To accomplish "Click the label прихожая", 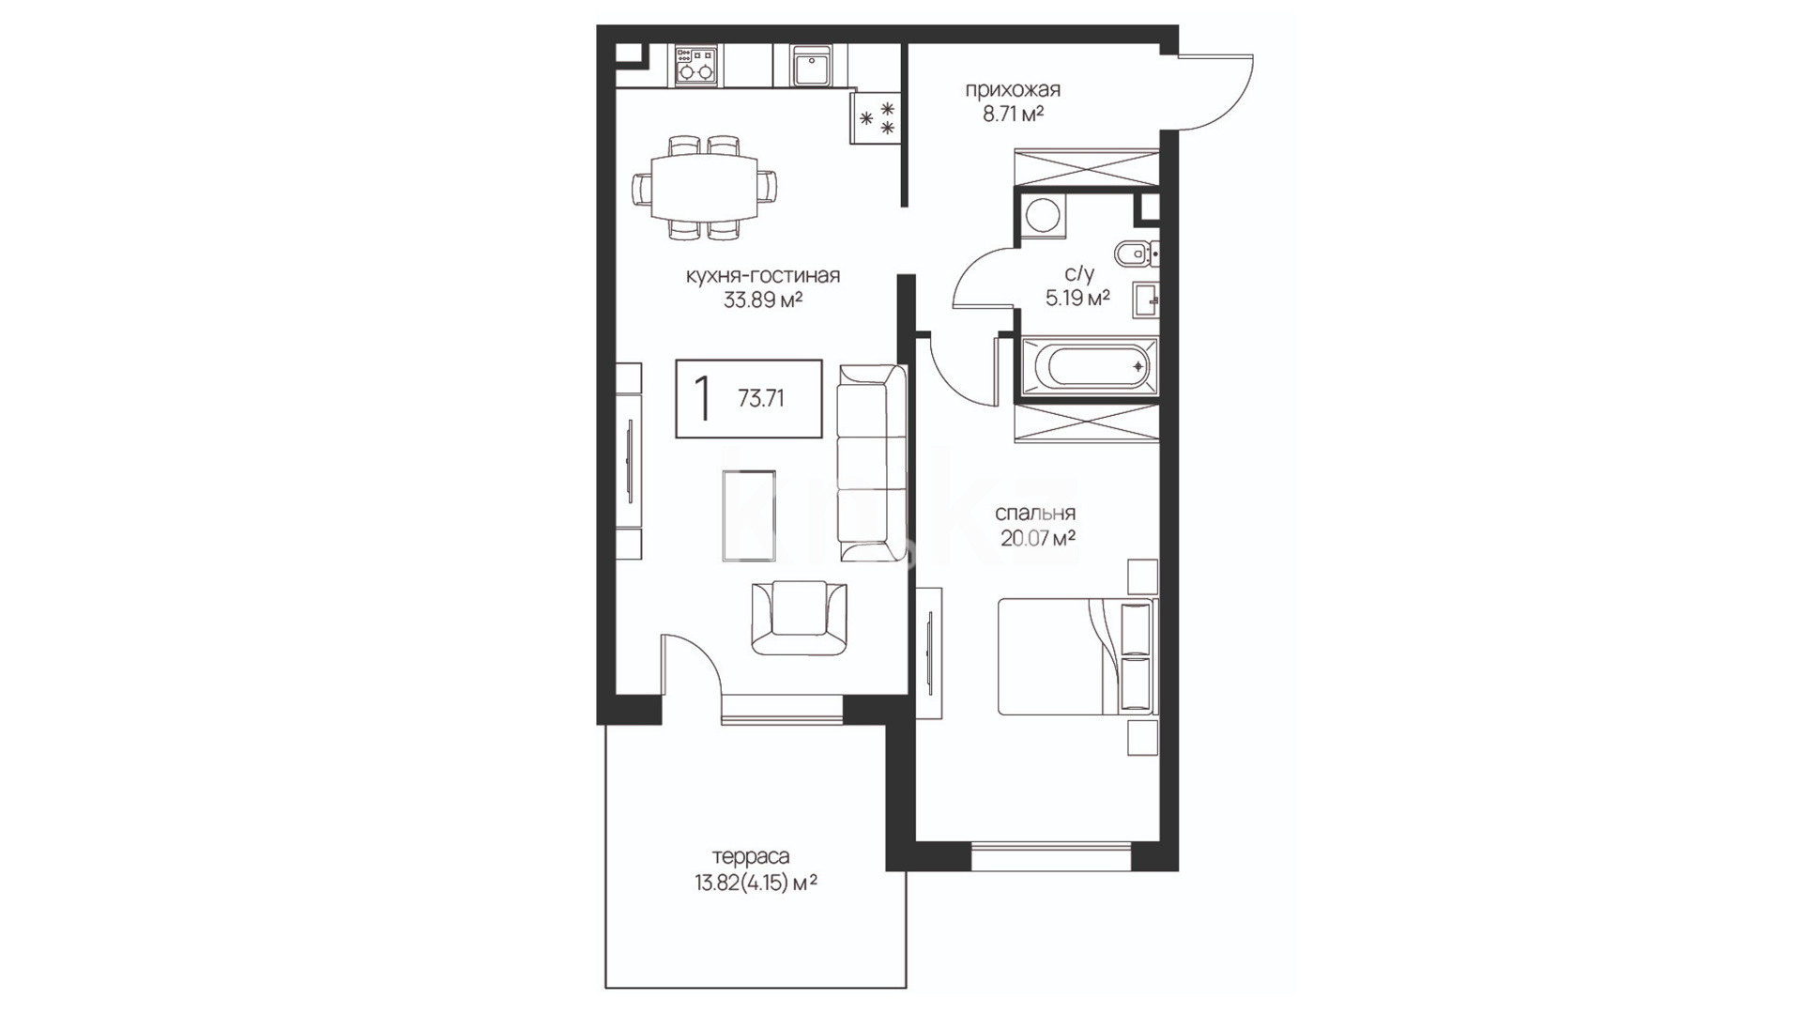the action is click(x=1013, y=90).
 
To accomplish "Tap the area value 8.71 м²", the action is click(x=1014, y=115).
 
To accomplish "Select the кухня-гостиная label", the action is click(x=763, y=276).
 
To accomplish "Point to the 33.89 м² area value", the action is click(x=763, y=300).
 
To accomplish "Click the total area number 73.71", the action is click(x=761, y=399).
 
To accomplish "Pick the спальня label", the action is click(x=1035, y=515).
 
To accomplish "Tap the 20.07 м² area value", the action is click(x=1037, y=539).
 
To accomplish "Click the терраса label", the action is click(x=751, y=857).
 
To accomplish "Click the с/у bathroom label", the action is click(x=1079, y=274).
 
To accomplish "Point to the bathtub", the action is click(x=1088, y=366).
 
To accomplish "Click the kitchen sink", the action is click(x=810, y=67).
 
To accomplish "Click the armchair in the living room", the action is click(x=799, y=618).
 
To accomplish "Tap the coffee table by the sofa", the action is click(x=749, y=515).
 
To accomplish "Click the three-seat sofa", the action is click(x=871, y=463).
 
